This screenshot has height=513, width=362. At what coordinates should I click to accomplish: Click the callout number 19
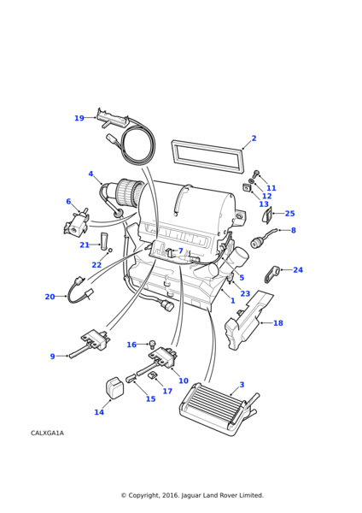tap(79, 118)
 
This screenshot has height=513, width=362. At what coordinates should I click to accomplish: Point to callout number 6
tap(68, 201)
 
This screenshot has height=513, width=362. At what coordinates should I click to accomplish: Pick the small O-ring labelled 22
tap(110, 251)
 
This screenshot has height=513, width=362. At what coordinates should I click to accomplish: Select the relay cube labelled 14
tap(114, 388)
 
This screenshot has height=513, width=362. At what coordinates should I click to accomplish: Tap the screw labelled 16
tap(152, 344)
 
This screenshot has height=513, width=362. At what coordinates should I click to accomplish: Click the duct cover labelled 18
tap(248, 321)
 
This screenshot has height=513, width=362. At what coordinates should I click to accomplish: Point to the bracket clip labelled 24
tap(271, 274)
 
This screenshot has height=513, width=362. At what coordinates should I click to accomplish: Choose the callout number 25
tap(289, 213)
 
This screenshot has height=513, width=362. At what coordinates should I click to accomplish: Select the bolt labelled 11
tap(255, 173)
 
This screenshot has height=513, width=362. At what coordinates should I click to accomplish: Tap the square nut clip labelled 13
tap(246, 187)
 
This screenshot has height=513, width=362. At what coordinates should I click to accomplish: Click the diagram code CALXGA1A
tap(47, 433)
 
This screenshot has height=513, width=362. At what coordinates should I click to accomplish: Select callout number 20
tap(50, 297)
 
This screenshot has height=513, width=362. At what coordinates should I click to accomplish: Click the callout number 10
tap(184, 380)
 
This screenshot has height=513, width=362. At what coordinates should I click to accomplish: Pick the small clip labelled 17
tap(152, 374)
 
